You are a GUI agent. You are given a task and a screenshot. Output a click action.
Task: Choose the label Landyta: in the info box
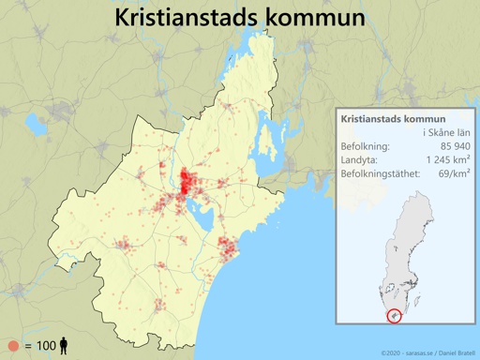[x=360, y=160]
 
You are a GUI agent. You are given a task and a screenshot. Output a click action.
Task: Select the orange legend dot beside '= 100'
[x=13, y=346]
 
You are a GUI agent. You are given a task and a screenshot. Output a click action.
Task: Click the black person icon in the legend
[x=64, y=346]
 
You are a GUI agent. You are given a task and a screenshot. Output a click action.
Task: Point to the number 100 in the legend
[x=44, y=346]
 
